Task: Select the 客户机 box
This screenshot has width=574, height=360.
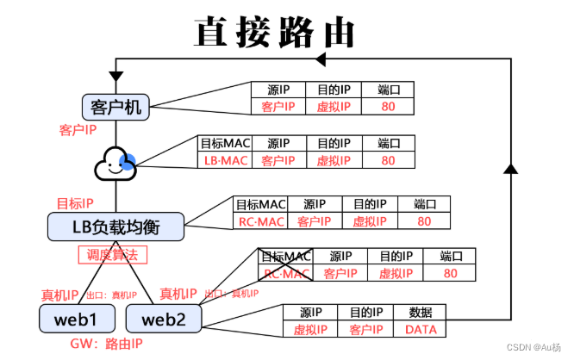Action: tap(115, 107)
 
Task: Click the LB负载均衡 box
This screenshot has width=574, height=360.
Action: tap(115, 227)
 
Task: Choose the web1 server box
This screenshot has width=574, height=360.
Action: tap(75, 319)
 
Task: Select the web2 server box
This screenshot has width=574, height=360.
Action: tap(163, 319)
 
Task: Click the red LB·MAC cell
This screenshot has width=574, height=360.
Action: tap(225, 160)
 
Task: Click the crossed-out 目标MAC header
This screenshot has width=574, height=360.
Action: tap(285, 257)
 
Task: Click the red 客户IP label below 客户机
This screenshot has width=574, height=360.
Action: tap(80, 129)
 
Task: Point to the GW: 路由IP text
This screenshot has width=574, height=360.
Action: tap(105, 344)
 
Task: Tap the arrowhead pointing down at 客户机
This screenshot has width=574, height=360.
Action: tap(115, 82)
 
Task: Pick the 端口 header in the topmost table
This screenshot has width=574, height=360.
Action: tap(389, 90)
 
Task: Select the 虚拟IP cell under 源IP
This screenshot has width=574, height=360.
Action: tap(312, 330)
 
